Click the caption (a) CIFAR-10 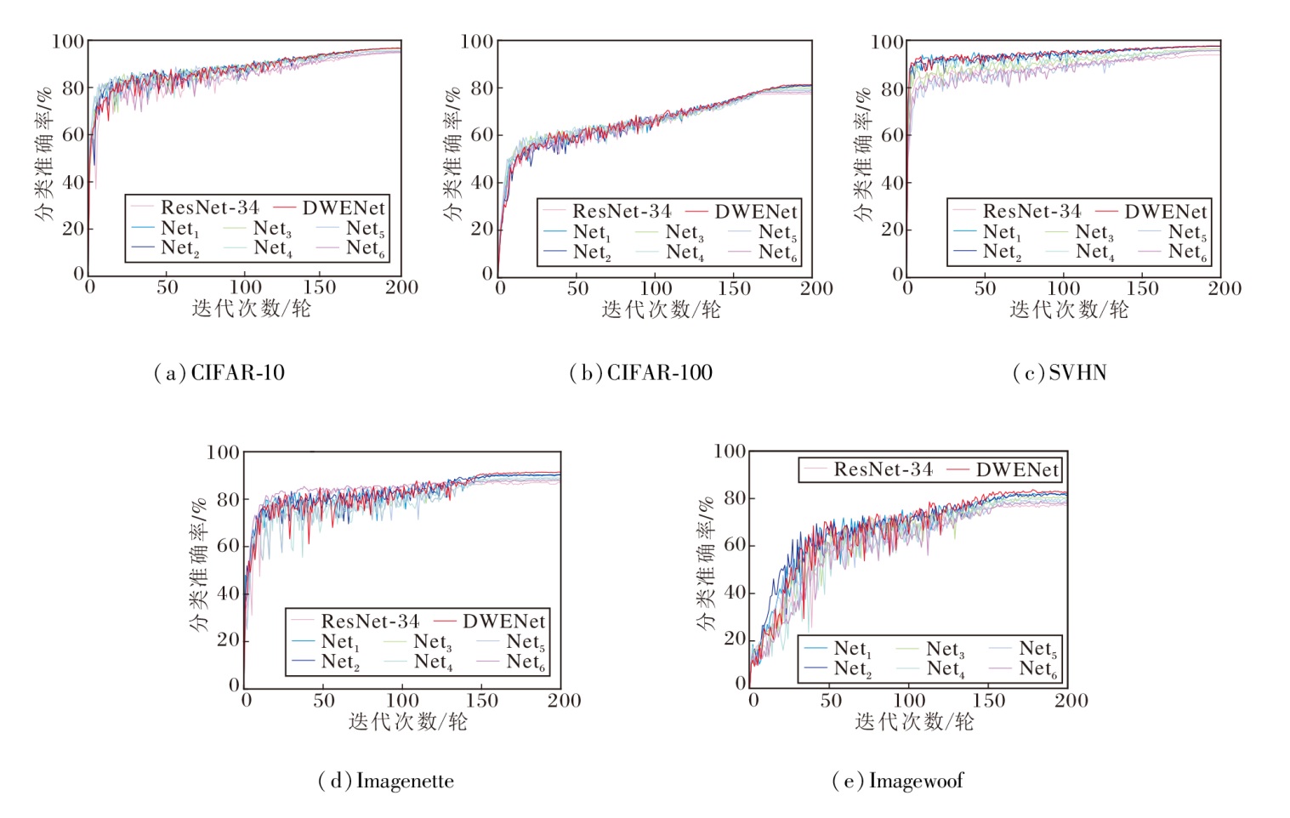tap(219, 372)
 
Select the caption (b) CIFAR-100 tap(640, 372)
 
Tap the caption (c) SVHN tap(1060, 372)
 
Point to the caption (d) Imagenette tap(386, 781)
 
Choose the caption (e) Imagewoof tap(898, 781)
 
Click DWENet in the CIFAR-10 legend tap(343, 207)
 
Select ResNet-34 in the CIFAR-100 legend tap(621, 211)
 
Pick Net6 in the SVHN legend tap(1187, 252)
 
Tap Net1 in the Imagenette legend tap(340, 642)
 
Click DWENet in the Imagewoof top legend tap(1017, 469)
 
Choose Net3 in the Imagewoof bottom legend tap(945, 650)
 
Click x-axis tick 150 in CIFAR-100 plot tap(734, 288)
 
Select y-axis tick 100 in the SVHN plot tap(886, 42)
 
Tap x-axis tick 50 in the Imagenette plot tap(324, 701)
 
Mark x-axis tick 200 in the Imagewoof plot tap(1071, 701)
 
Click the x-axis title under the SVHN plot tap(1069, 310)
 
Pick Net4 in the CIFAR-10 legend tap(272, 248)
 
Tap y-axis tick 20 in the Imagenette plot tap(228, 639)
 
